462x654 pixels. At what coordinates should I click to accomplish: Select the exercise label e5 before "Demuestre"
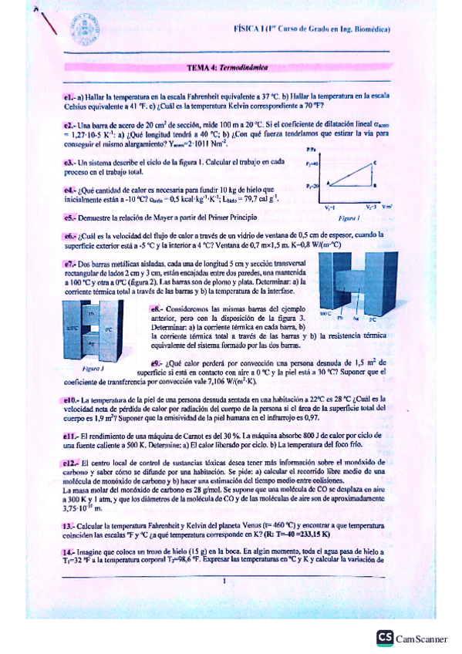coord(69,219)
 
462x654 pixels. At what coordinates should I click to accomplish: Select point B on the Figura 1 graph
coord(375,186)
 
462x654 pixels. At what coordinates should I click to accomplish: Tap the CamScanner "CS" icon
coord(384,637)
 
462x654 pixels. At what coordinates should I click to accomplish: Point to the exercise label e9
coord(156,362)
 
